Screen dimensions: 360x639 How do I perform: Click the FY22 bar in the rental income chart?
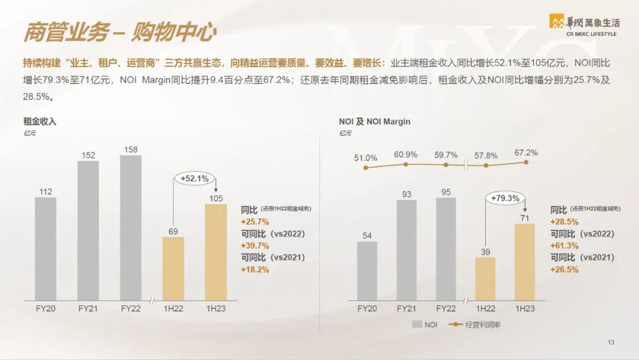[131, 227]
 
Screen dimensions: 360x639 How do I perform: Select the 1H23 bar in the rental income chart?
[216, 252]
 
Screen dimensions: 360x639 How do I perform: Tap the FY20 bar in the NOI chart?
[367, 271]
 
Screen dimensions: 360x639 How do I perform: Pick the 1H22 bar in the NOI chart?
[485, 279]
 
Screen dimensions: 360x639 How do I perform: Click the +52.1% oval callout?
[195, 178]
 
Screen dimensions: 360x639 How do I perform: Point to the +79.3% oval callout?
[505, 198]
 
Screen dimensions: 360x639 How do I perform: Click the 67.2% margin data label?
[526, 153]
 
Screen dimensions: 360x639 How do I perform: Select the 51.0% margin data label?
[366, 158]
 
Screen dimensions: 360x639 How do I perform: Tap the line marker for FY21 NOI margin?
[405, 165]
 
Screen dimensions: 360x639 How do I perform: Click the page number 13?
[611, 343]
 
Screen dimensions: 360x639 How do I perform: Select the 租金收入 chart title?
[40, 121]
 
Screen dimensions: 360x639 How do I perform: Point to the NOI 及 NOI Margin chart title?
[375, 121]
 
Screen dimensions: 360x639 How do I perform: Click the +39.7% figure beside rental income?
[255, 245]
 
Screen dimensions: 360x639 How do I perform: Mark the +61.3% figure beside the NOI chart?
[564, 245]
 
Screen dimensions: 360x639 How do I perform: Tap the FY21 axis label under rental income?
[88, 308]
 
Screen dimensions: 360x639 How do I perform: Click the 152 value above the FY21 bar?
[88, 155]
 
